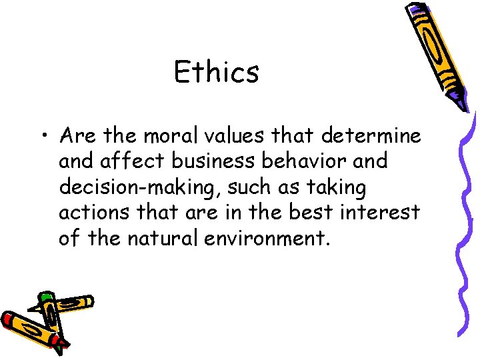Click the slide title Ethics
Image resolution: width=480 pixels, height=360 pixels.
point(216,72)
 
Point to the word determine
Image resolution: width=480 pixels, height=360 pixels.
point(371,136)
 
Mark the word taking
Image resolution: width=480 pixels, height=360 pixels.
point(337,189)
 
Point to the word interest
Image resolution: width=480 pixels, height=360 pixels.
point(391,213)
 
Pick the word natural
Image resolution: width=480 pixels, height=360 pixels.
point(173,239)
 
